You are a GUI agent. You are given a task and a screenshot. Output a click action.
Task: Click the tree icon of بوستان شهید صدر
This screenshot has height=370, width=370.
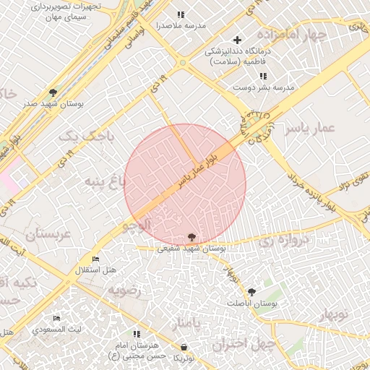(53, 92)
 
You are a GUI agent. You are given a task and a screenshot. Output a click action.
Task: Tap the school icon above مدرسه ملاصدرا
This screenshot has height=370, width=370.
(181, 14)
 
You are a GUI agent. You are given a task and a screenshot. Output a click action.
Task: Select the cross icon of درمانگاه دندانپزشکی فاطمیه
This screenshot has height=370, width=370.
(237, 40)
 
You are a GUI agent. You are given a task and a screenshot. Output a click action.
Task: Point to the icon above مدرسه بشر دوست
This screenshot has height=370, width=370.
(263, 76)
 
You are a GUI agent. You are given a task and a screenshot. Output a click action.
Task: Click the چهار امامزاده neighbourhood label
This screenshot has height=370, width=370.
(311, 35)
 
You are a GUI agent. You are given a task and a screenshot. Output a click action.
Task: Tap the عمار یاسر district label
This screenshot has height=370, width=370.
(310, 128)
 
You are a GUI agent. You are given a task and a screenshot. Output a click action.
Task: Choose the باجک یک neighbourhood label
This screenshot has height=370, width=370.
(87, 135)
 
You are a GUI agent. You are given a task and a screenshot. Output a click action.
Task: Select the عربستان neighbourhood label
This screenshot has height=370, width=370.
(49, 235)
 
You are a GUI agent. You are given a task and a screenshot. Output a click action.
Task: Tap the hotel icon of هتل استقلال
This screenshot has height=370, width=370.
(96, 259)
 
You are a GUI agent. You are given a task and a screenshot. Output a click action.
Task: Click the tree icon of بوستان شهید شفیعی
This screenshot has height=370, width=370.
(192, 237)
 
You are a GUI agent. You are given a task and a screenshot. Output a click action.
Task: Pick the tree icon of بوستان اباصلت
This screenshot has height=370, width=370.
(251, 292)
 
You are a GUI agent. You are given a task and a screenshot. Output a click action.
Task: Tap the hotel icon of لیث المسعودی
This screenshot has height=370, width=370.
(56, 319)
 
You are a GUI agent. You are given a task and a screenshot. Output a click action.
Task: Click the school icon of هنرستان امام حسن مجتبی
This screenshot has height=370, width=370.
(137, 334)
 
